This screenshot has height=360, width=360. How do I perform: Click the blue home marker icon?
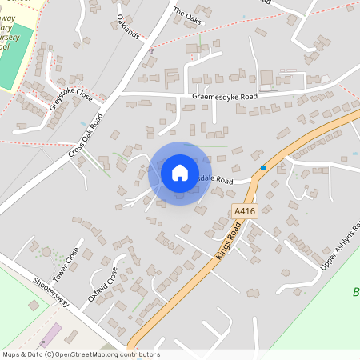(180, 173)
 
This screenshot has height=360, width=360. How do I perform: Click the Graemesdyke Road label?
(225, 97)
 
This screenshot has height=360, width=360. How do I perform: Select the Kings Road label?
(228, 238)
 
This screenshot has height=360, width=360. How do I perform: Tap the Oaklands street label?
(128, 26)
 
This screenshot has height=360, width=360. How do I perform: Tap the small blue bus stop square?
(262, 168)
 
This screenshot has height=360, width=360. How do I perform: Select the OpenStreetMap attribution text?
(81, 354)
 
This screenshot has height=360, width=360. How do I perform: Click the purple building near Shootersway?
(49, 335)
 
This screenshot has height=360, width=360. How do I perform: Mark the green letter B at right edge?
(354, 292)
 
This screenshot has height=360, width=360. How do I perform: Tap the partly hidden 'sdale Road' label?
(215, 182)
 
